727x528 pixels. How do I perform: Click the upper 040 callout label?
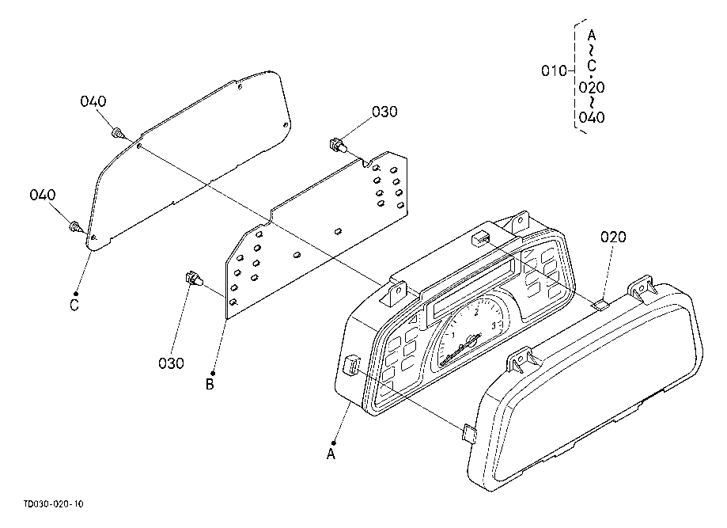[93, 101]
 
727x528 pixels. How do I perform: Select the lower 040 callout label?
[44, 195]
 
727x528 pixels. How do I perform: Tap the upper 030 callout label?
[384, 112]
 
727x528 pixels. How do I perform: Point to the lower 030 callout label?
[171, 363]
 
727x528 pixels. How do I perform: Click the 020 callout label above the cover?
[613, 237]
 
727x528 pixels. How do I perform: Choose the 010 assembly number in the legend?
[554, 71]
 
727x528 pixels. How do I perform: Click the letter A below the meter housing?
[331, 454]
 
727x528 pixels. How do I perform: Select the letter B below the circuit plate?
[210, 385]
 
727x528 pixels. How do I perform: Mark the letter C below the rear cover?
[74, 306]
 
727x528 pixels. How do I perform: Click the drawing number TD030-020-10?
[54, 503]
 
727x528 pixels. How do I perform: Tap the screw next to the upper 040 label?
[118, 133]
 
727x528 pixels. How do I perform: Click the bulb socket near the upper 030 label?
[336, 145]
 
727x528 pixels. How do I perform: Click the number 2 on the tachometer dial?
[475, 313]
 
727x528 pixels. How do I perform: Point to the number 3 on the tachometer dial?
[493, 325]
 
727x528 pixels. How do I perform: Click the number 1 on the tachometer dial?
[454, 333]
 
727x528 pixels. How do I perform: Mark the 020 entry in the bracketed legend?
[592, 86]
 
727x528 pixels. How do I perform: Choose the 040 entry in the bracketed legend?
[592, 118]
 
